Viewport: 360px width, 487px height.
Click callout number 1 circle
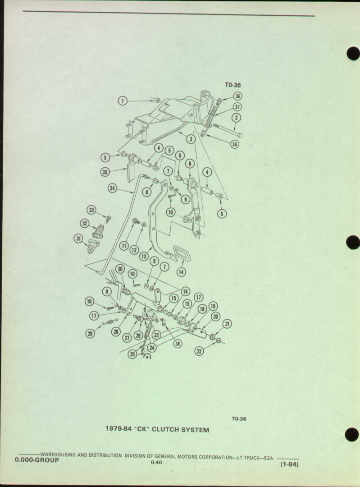pos(123,101)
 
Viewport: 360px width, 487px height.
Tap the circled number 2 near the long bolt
pos(236,118)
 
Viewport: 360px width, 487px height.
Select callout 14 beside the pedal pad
pos(181,272)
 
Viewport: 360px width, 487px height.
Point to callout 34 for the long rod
pos(112,188)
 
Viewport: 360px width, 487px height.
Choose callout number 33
pos(91,210)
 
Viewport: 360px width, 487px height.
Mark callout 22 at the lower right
pos(199,351)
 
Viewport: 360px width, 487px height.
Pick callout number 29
pos(90,334)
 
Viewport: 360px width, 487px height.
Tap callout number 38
pos(178,344)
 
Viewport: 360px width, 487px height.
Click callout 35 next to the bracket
pos(105,172)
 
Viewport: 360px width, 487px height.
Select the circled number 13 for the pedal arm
pos(144,256)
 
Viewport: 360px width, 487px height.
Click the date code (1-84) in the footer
pos(289,464)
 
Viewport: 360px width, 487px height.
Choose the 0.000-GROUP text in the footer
pos(36,460)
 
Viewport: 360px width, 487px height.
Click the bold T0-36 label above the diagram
pos(233,85)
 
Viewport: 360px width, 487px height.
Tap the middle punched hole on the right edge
pos(353,243)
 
